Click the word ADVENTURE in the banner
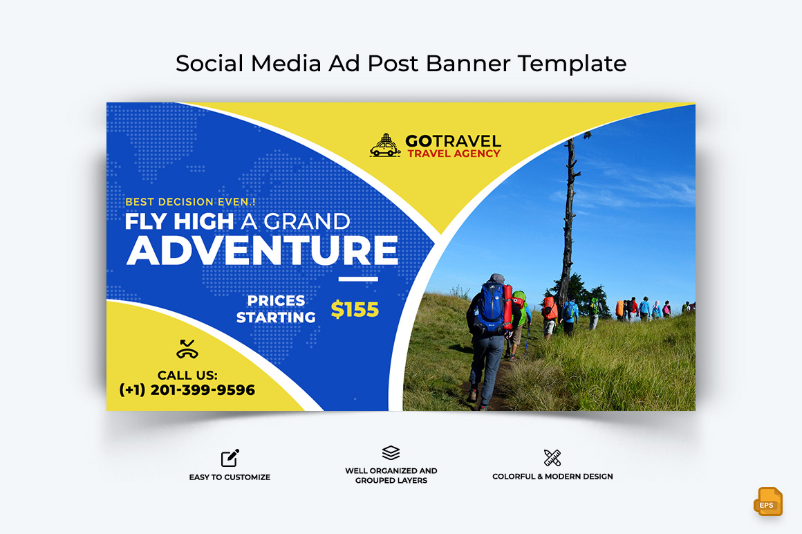[x=262, y=250]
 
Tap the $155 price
[x=355, y=309]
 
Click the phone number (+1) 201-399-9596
[x=187, y=389]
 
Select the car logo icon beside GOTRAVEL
[x=385, y=145]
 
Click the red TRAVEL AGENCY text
[x=454, y=154]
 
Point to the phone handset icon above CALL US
[x=187, y=349]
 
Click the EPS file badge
[x=767, y=501]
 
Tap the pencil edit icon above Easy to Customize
[x=230, y=458]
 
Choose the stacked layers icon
[x=391, y=452]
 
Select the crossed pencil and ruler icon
[x=552, y=458]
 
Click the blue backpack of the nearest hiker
[x=491, y=308]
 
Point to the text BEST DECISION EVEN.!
[x=190, y=202]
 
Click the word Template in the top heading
[x=572, y=64]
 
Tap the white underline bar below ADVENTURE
[x=358, y=279]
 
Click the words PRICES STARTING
[x=276, y=309]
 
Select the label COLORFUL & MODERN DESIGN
[x=552, y=476]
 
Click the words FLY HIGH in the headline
[x=179, y=221]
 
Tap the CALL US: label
[x=187, y=375]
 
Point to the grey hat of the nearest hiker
[x=496, y=278]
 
